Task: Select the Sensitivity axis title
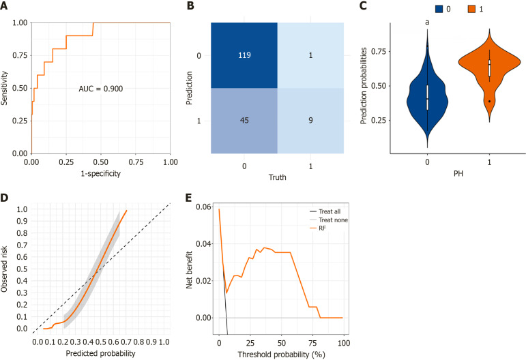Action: [6, 89]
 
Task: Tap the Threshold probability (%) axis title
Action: [280, 354]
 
